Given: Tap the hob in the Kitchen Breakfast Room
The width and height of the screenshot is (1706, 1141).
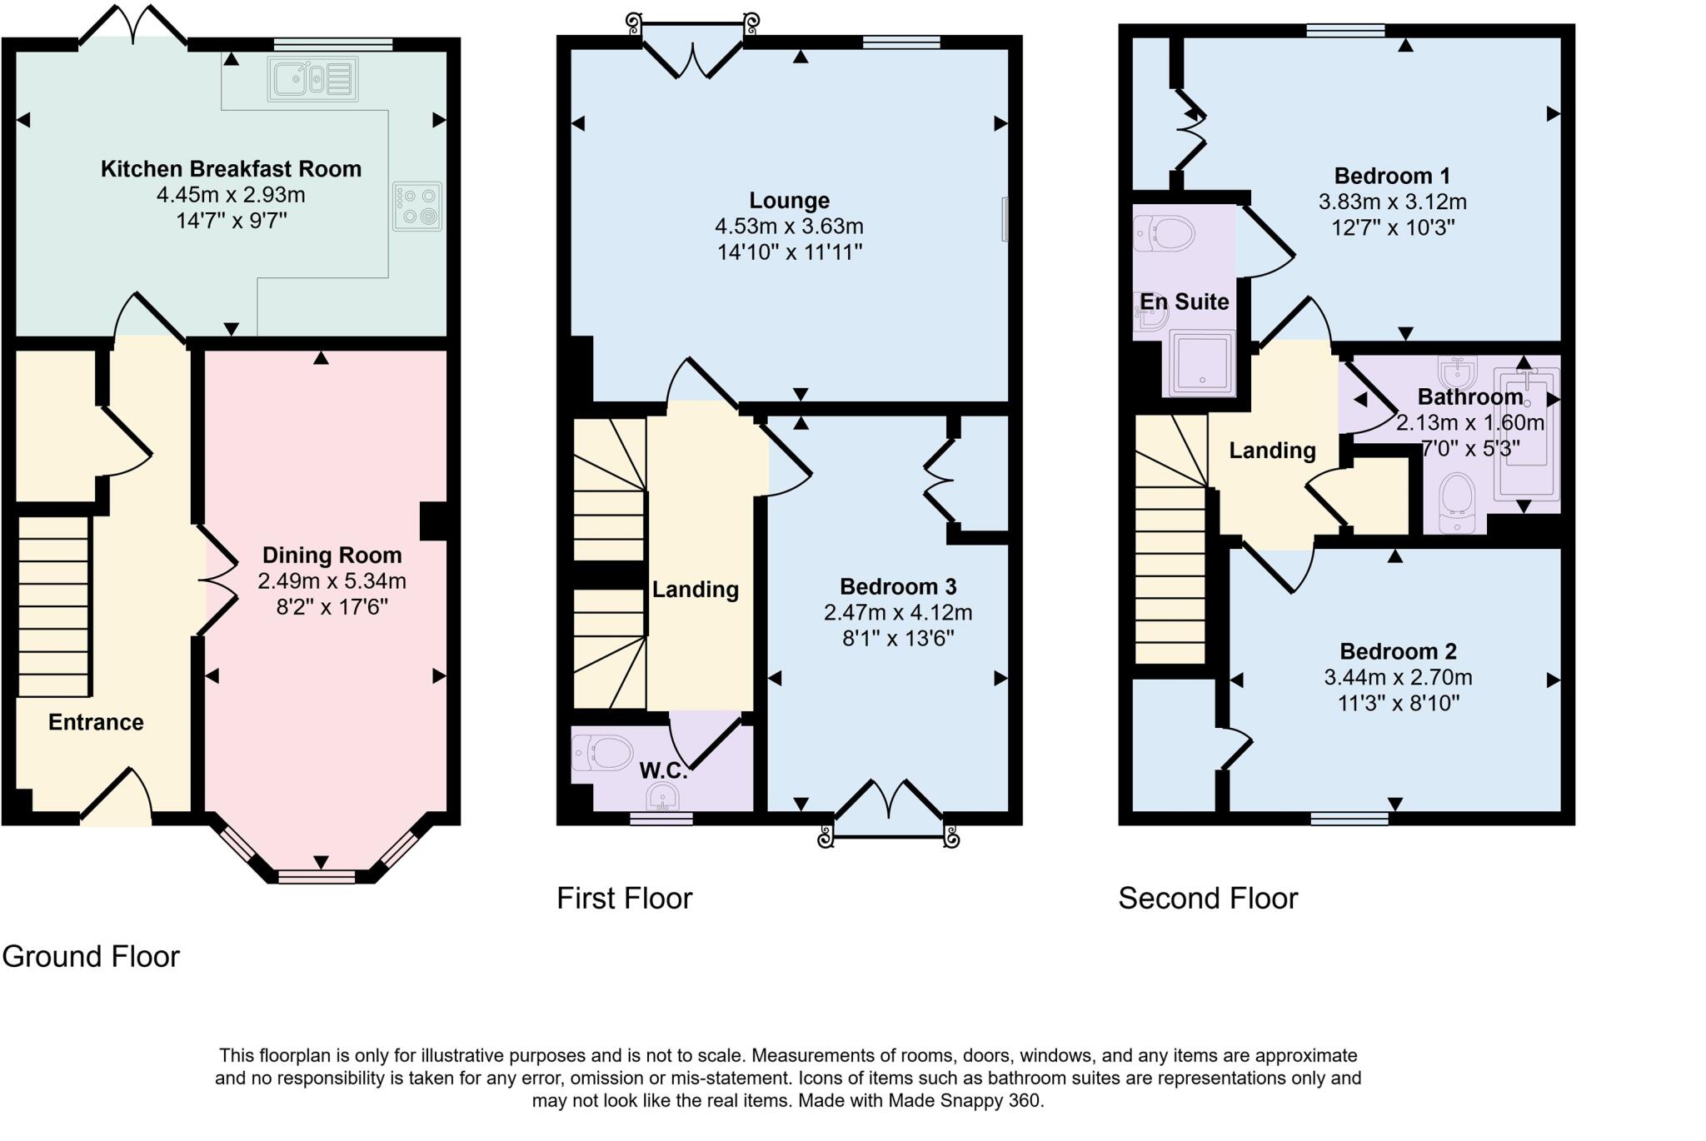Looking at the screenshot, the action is click(417, 207).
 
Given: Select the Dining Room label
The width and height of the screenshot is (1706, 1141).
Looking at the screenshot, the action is click(332, 556).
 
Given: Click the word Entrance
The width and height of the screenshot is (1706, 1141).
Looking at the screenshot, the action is click(96, 722).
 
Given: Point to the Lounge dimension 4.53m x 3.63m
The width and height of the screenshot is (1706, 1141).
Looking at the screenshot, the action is click(789, 227).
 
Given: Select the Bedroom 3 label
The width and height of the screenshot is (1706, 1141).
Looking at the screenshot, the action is click(898, 586).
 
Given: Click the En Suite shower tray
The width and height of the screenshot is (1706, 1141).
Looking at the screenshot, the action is click(1202, 362).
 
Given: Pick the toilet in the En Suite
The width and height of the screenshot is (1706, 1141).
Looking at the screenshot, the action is click(1164, 233).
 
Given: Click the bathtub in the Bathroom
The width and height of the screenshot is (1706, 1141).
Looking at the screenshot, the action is click(1526, 433).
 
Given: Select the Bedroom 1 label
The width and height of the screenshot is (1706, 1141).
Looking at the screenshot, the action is click(1392, 177).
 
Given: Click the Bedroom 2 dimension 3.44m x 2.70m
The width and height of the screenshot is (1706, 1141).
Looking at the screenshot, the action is click(1398, 677).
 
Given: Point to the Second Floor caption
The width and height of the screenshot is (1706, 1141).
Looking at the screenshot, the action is click(1208, 899).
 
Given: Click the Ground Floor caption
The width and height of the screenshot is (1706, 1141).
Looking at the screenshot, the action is click(91, 957).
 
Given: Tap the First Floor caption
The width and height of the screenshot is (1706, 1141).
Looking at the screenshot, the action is click(625, 899).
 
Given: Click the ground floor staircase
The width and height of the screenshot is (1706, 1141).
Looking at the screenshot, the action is click(54, 606).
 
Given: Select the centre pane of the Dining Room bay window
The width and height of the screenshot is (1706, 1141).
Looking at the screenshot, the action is click(317, 876).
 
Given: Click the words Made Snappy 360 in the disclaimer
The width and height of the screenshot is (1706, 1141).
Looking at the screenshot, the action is click(964, 1101).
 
